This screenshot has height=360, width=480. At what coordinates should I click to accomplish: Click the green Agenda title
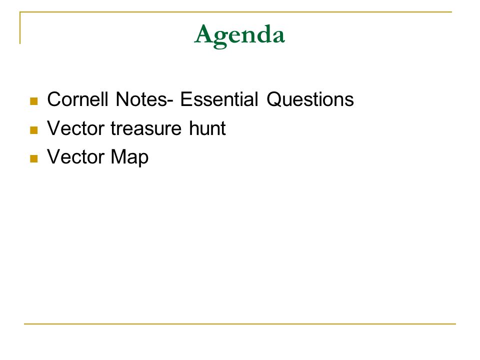[239, 36]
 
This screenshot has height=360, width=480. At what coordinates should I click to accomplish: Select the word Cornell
[78, 99]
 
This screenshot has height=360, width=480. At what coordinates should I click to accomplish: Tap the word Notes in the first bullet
[141, 99]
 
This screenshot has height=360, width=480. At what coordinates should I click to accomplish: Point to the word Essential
[219, 99]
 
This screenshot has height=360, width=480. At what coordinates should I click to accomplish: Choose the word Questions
[310, 99]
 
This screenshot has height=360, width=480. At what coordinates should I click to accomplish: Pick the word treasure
[146, 128]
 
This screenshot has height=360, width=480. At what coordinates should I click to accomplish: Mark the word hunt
[207, 128]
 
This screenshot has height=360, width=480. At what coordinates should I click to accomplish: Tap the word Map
[130, 157]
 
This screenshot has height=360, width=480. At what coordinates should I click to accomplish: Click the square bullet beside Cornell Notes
[34, 101]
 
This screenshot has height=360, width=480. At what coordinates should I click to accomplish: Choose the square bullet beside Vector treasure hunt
[34, 130]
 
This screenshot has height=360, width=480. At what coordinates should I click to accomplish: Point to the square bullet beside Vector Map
[34, 158]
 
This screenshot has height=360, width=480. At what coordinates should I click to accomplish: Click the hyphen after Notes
[170, 101]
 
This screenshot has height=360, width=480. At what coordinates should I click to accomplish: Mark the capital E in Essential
[186, 99]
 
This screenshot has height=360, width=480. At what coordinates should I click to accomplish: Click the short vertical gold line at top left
[20, 28]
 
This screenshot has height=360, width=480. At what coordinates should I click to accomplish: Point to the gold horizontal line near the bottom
[240, 323]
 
